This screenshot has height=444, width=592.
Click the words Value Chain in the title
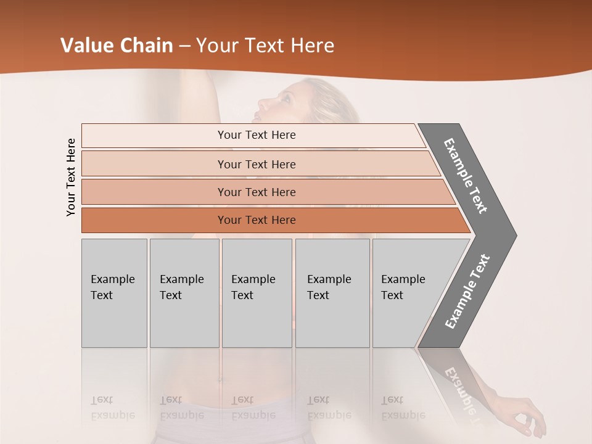[x=117, y=46]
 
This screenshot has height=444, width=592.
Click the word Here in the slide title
[x=312, y=46]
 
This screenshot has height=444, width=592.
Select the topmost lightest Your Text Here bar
[x=256, y=135]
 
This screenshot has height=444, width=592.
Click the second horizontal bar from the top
[x=256, y=164]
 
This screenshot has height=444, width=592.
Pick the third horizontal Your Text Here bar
[x=256, y=192]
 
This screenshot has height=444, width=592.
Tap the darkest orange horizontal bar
[x=256, y=220]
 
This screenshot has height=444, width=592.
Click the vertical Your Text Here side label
[x=71, y=177]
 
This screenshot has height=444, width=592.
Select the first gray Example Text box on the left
[x=114, y=293]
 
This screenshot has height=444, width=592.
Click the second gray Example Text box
[x=184, y=293]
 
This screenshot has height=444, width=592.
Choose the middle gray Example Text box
[x=257, y=293]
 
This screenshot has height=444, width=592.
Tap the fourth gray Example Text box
[x=332, y=293]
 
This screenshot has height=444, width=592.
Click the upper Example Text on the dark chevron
[x=466, y=175]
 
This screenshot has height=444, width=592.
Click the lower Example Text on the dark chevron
[x=467, y=292]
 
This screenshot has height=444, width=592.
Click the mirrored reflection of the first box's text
[x=112, y=408]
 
